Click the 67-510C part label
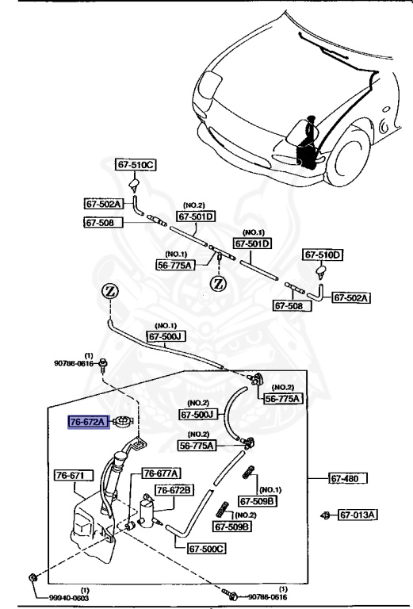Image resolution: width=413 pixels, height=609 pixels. coord(136,165)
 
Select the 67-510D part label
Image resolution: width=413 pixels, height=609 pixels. coord(323,255)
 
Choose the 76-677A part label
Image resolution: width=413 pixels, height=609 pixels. coord(161,473)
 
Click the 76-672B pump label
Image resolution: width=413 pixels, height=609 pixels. coord(174,490)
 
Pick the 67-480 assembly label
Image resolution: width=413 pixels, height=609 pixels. coord(350,478)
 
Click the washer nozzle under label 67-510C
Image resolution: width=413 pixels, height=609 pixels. coord(136,186)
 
